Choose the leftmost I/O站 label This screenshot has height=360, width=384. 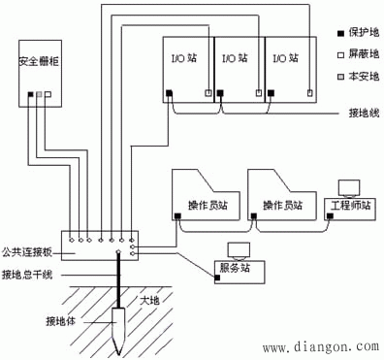pos(187,60)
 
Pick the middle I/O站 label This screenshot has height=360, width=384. pos(236,60)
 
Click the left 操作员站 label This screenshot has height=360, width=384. pos(208,206)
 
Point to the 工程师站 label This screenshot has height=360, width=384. pos(352,207)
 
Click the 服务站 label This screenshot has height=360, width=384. pos(236,266)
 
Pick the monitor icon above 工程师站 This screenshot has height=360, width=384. pos(347,187)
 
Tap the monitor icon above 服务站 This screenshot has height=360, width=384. pos(236,248)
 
